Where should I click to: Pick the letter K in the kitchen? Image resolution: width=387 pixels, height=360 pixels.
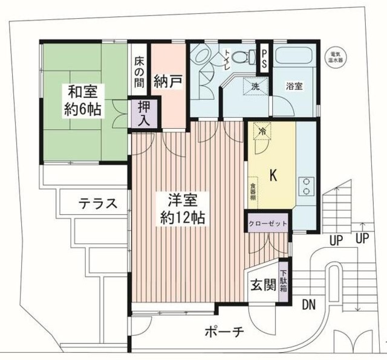click(273, 176)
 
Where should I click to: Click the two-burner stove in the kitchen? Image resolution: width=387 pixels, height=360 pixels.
click(306, 186)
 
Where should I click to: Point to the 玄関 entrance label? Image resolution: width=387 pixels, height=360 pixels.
click(263, 284)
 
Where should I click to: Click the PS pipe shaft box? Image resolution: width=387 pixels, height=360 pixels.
click(265, 59)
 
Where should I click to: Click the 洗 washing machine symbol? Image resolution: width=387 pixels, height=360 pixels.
click(255, 86)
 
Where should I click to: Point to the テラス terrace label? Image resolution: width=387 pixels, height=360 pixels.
click(97, 204)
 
